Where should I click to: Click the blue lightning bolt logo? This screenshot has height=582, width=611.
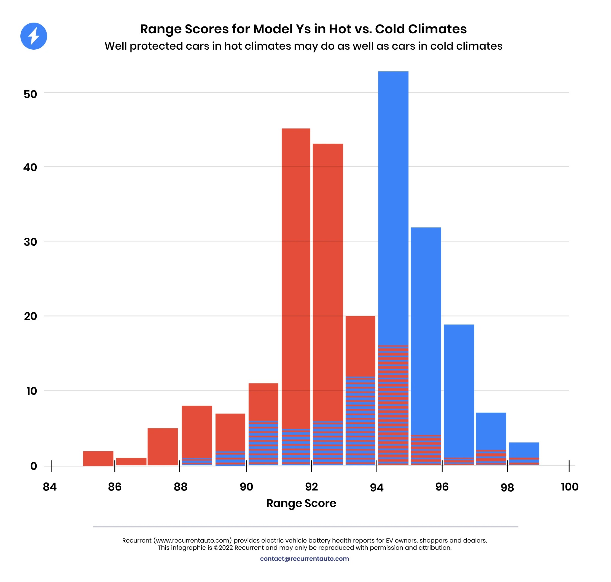tap(34, 36)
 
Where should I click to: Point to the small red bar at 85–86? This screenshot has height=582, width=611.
tap(98, 458)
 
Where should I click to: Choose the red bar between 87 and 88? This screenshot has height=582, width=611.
tap(163, 446)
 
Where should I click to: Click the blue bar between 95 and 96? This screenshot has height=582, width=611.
tap(426, 329)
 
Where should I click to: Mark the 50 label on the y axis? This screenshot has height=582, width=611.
tap(30, 94)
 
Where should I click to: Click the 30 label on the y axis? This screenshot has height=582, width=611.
tap(30, 242)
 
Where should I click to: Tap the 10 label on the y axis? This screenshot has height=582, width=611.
tap(31, 391)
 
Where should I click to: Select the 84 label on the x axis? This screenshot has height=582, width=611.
tap(50, 487)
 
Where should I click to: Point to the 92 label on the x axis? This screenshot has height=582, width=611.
tap(311, 487)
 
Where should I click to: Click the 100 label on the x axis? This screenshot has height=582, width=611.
tap(569, 487)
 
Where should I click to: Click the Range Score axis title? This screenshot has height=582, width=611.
tap(301, 503)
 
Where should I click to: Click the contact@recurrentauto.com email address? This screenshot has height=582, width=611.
tap(304, 558)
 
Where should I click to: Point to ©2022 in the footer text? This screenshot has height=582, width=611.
tap(223, 548)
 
